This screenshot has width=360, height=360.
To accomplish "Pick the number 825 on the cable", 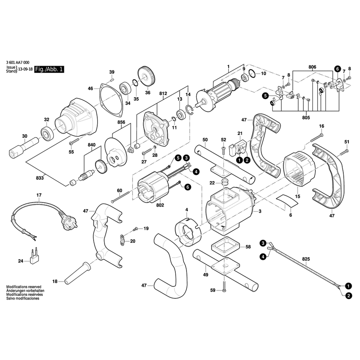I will [x=306, y=258].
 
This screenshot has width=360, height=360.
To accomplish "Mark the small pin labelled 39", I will [x=112, y=79].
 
